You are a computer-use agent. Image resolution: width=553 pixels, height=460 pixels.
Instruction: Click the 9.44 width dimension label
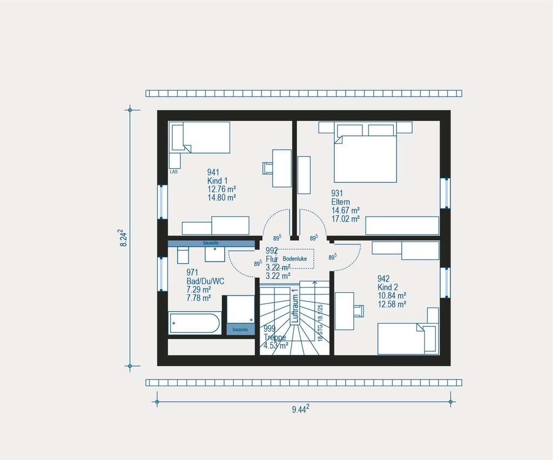pos(300,409)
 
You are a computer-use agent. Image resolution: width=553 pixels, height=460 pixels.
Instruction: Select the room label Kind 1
pos(218,180)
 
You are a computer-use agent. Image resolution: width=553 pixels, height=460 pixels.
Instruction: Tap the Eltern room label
pos(341,202)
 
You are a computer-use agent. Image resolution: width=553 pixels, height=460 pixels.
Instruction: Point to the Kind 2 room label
pos(387,287)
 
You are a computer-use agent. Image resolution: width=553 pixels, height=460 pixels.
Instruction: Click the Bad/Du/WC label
pos(205,281)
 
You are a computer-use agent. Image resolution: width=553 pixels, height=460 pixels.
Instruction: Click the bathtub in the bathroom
pos(194,323)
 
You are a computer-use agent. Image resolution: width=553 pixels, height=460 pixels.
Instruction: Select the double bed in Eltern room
pos(365,159)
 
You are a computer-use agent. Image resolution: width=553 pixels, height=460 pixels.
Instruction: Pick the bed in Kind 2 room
pos(402,339)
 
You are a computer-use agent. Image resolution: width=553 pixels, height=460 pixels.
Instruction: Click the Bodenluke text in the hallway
pos(295,259)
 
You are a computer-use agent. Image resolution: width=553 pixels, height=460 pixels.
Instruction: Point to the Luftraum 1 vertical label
pos(295,306)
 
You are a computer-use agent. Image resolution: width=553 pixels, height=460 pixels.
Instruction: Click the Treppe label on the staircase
pos(274,337)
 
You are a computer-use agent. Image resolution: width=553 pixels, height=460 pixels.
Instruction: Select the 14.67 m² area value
pos(346,210)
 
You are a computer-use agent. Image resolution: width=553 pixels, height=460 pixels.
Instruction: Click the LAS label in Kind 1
pos(173,171)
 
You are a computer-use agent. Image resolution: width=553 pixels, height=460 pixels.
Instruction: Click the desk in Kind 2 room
pos(344,311)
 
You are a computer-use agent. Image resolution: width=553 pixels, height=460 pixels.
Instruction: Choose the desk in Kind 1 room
pos(282,168)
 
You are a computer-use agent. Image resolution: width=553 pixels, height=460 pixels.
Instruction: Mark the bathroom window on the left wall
pos(163,274)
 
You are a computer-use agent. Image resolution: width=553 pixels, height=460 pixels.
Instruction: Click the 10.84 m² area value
pos(392,296)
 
